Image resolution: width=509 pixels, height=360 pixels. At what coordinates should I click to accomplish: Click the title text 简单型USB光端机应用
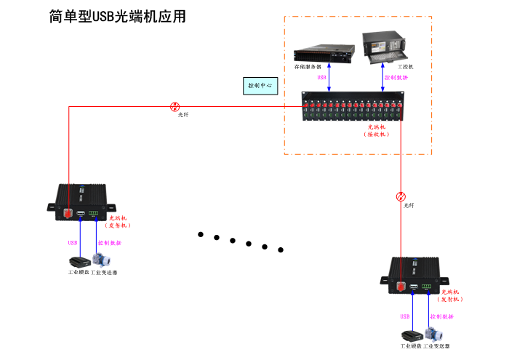117,16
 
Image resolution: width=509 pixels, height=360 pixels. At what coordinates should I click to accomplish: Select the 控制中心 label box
260,85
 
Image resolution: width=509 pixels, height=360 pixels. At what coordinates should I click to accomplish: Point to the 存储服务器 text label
310,67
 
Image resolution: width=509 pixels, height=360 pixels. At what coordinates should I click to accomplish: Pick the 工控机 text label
405,67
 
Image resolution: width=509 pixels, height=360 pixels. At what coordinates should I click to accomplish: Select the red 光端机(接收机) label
376,130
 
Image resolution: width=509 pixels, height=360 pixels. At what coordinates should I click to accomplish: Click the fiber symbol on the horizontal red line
175,106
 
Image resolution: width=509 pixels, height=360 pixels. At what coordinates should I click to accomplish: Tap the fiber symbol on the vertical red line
401,196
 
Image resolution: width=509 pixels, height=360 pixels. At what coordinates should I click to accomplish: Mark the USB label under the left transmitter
73,243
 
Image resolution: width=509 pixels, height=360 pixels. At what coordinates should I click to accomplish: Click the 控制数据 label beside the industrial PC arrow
397,77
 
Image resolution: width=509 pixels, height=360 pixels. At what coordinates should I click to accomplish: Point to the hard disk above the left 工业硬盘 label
79,262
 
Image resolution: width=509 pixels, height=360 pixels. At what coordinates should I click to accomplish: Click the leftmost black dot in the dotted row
201,234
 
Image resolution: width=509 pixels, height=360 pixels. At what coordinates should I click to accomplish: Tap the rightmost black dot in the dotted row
281,249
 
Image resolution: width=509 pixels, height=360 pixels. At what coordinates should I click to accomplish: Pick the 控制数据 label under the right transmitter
441,317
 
